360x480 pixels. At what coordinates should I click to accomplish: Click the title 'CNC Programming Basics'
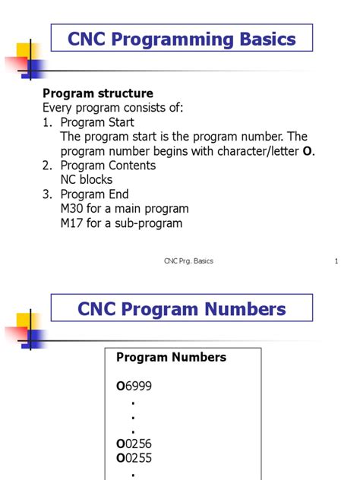point(182,38)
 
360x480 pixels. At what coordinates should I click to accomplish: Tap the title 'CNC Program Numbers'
point(182,309)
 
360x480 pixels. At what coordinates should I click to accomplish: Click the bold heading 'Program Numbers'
point(171,357)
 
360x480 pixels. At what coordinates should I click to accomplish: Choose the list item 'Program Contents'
point(108,166)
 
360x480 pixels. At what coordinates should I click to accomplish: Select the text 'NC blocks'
point(87,180)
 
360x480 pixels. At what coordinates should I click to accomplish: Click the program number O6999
point(134,386)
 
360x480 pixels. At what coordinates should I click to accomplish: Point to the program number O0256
point(134,444)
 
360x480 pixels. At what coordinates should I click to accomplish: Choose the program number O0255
point(134,459)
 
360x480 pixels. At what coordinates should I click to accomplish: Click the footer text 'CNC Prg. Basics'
point(188,261)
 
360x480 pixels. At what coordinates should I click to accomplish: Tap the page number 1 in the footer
point(335,261)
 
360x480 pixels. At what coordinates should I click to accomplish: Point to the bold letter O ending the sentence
point(307,151)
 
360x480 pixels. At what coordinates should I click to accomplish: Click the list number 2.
point(46,166)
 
